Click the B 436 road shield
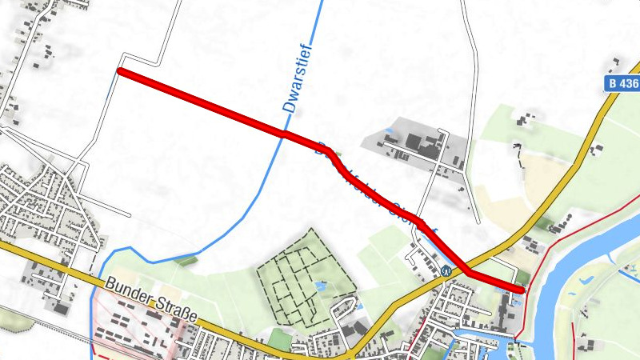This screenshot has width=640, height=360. click(621, 83)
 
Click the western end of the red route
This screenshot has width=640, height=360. click(120, 71)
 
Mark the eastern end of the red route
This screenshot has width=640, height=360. click(522, 290)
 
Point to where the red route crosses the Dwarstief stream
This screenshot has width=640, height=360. click(283, 134)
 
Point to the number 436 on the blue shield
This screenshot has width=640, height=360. click(626, 83)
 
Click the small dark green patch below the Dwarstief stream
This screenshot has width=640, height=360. click(189, 258)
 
